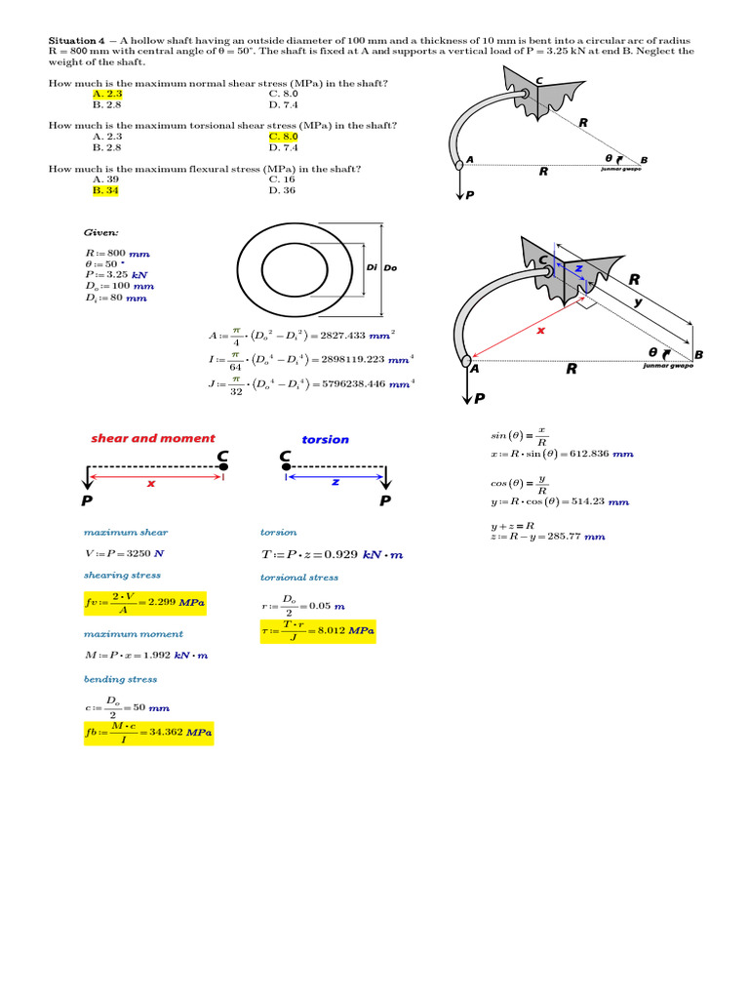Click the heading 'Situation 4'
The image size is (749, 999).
77,40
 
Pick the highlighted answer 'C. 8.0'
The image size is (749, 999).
283,137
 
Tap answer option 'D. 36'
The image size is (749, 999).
282,190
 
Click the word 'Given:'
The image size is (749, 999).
101,234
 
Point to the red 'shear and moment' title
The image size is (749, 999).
153,438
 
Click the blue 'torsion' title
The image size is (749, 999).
325,440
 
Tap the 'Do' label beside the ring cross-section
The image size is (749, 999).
390,267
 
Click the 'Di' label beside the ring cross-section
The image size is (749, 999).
371,267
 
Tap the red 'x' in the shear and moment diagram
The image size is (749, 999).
151,482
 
